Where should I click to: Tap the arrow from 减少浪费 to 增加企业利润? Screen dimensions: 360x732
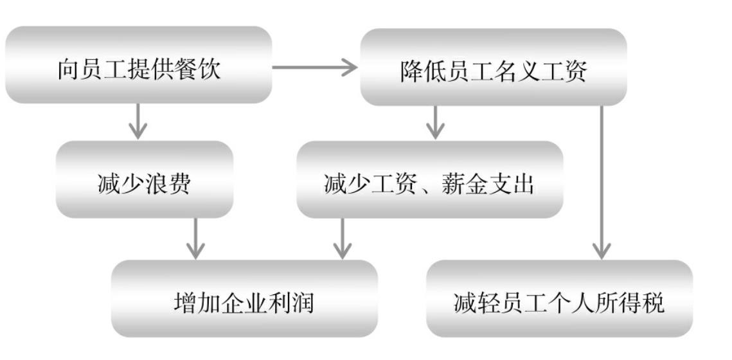pyautogui.click(x=195, y=239)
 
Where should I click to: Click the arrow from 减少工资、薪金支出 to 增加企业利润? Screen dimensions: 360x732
pyautogui.click(x=344, y=239)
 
